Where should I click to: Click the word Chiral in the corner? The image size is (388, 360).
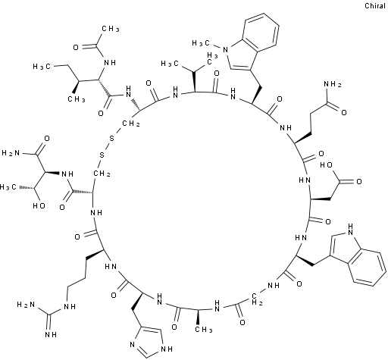click(x=375, y=5)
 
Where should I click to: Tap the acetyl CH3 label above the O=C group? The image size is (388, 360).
click(x=111, y=29)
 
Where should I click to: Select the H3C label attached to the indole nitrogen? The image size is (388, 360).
click(x=201, y=43)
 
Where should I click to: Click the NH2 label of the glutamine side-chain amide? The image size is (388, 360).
click(x=333, y=84)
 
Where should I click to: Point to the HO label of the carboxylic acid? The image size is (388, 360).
click(x=326, y=165)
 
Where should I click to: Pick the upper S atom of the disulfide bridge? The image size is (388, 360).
click(x=111, y=139)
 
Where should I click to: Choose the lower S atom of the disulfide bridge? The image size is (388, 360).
click(x=102, y=155)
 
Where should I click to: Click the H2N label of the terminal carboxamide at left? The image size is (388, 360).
click(x=11, y=153)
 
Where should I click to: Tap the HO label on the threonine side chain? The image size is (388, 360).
click(x=39, y=205)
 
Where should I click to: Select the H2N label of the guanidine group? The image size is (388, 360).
click(x=26, y=305)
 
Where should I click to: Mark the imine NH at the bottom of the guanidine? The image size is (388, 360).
click(x=51, y=335)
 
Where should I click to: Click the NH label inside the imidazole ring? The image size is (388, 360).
click(x=167, y=349)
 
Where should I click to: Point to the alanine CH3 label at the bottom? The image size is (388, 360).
click(x=203, y=330)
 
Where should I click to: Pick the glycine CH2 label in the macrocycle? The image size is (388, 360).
click(x=257, y=299)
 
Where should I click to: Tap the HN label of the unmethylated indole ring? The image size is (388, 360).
click(x=350, y=229)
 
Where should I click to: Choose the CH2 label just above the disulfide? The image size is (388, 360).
click(x=131, y=124)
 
